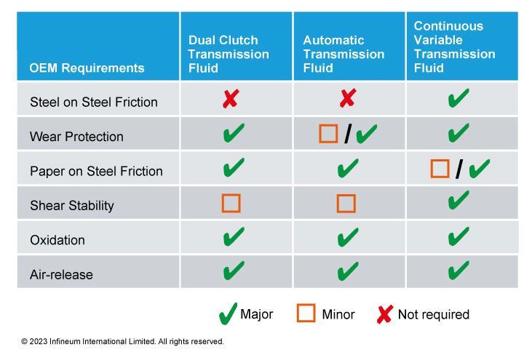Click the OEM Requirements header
(x=87, y=68)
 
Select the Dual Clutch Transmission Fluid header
(x=229, y=55)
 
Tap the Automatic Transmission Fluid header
(x=344, y=55)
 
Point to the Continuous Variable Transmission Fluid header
(x=454, y=47)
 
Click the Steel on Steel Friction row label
(x=94, y=102)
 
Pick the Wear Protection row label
(x=76, y=137)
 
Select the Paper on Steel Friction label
(x=96, y=171)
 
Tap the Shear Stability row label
(x=72, y=206)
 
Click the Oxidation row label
(x=57, y=240)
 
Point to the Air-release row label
(x=61, y=275)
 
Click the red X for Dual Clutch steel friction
(x=231, y=98)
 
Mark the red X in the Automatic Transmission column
(x=348, y=98)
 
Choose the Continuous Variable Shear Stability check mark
(x=458, y=200)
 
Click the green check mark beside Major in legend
(x=228, y=314)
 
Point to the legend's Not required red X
(x=385, y=314)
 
